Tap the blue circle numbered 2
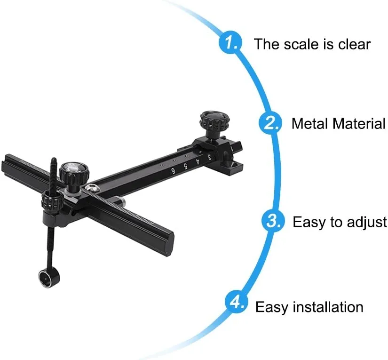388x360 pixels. (x=270, y=123)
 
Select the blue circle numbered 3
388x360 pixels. (x=273, y=221)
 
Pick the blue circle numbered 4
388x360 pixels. (x=236, y=302)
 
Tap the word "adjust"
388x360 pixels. (x=366, y=223)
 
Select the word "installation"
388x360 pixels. (x=328, y=307)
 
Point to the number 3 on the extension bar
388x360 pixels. (x=209, y=157)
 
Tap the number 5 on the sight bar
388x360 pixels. (x=186, y=167)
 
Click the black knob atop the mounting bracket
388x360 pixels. (x=215, y=121)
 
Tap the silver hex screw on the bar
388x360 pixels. (x=92, y=188)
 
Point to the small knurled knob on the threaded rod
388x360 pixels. (x=51, y=200)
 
